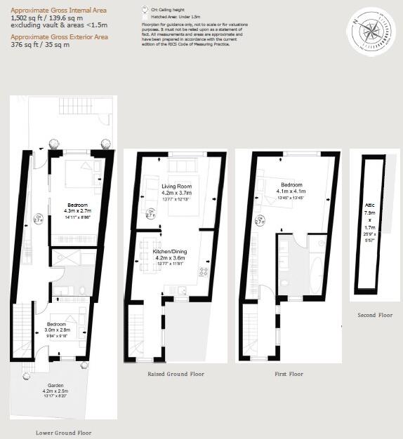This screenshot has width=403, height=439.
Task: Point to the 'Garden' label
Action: pos(55,385)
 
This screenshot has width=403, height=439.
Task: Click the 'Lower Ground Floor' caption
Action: pos(63,433)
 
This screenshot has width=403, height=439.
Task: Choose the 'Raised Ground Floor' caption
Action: pos(176,374)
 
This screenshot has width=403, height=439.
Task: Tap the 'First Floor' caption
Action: pos(289,374)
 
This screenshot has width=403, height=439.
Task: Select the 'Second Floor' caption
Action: pos(376,315)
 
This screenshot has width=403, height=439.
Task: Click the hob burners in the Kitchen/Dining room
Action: pos(204,271)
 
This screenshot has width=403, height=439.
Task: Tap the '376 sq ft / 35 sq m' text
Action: pos(39,45)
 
